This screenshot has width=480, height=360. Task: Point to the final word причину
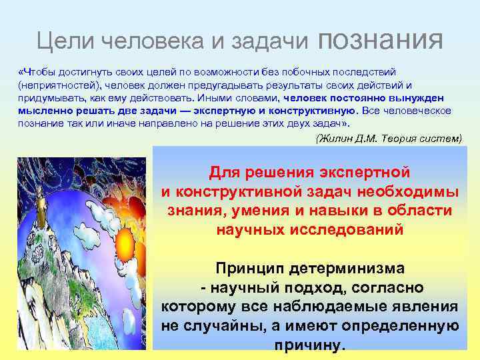[310, 346]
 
